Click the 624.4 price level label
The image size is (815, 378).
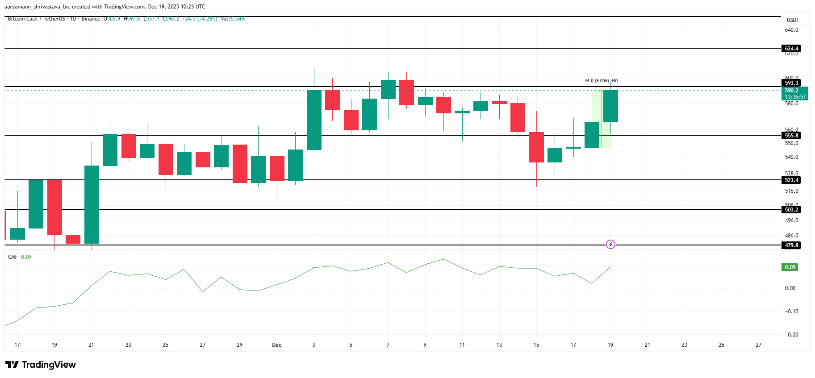(791, 49)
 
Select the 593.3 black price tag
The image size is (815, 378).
(791, 83)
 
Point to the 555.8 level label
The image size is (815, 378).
(791, 136)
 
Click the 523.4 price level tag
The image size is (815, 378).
(791, 180)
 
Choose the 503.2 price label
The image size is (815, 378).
(791, 210)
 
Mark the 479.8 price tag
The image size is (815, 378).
(791, 245)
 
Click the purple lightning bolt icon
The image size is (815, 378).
(610, 245)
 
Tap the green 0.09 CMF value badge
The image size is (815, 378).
(790, 267)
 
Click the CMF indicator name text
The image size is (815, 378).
(13, 257)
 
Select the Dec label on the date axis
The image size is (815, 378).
(276, 345)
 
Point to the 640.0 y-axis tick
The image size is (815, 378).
(791, 30)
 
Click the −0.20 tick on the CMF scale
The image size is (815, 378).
(791, 335)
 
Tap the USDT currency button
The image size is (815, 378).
(793, 20)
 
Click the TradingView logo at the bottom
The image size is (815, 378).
(41, 365)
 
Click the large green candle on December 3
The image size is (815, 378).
(314, 120)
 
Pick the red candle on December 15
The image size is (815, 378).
(536, 147)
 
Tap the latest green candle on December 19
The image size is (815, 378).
(610, 106)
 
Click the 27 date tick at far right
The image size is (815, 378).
(758, 345)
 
